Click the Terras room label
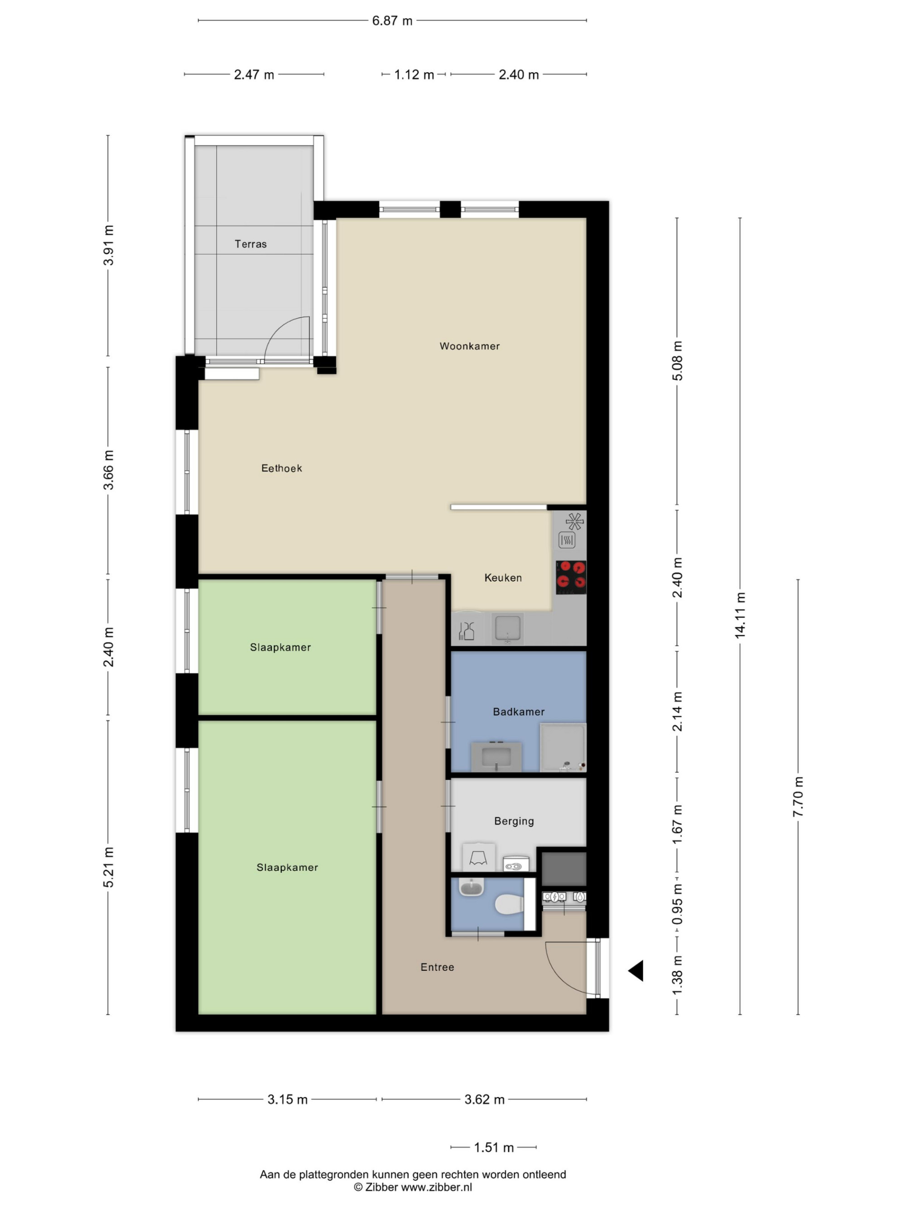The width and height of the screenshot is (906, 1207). [251, 244]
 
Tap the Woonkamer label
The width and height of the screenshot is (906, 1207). [470, 346]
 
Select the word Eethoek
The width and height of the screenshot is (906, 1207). [281, 468]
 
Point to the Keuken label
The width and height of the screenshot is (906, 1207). [503, 577]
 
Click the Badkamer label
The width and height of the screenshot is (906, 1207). [518, 711]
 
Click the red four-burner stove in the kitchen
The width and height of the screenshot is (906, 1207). [571, 577]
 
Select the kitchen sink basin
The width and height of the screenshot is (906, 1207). [507, 628]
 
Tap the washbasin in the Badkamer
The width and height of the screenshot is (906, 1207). [496, 756]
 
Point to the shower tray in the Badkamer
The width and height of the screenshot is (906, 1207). [563, 748]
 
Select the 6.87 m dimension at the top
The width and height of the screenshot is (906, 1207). [392, 21]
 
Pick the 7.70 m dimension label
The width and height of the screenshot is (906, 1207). [798, 796]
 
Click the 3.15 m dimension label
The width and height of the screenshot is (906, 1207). [287, 1099]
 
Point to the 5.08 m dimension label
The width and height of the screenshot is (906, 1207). [677, 361]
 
